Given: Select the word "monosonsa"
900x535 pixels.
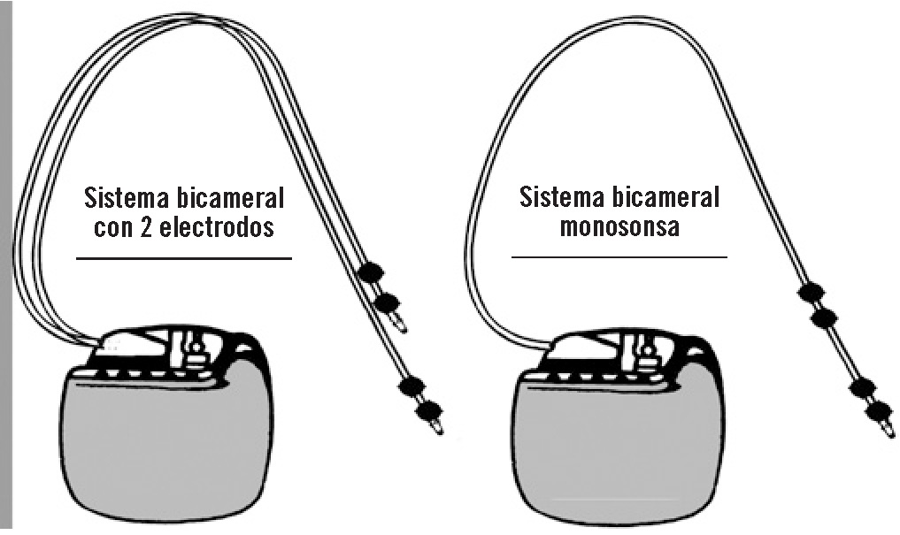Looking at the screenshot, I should click(619, 225).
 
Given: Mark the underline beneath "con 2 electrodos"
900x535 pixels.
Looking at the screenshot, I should click(183, 258).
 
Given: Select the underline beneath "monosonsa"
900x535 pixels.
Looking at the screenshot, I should click(619, 256).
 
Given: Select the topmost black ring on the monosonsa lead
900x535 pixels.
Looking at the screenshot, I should click(810, 292).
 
